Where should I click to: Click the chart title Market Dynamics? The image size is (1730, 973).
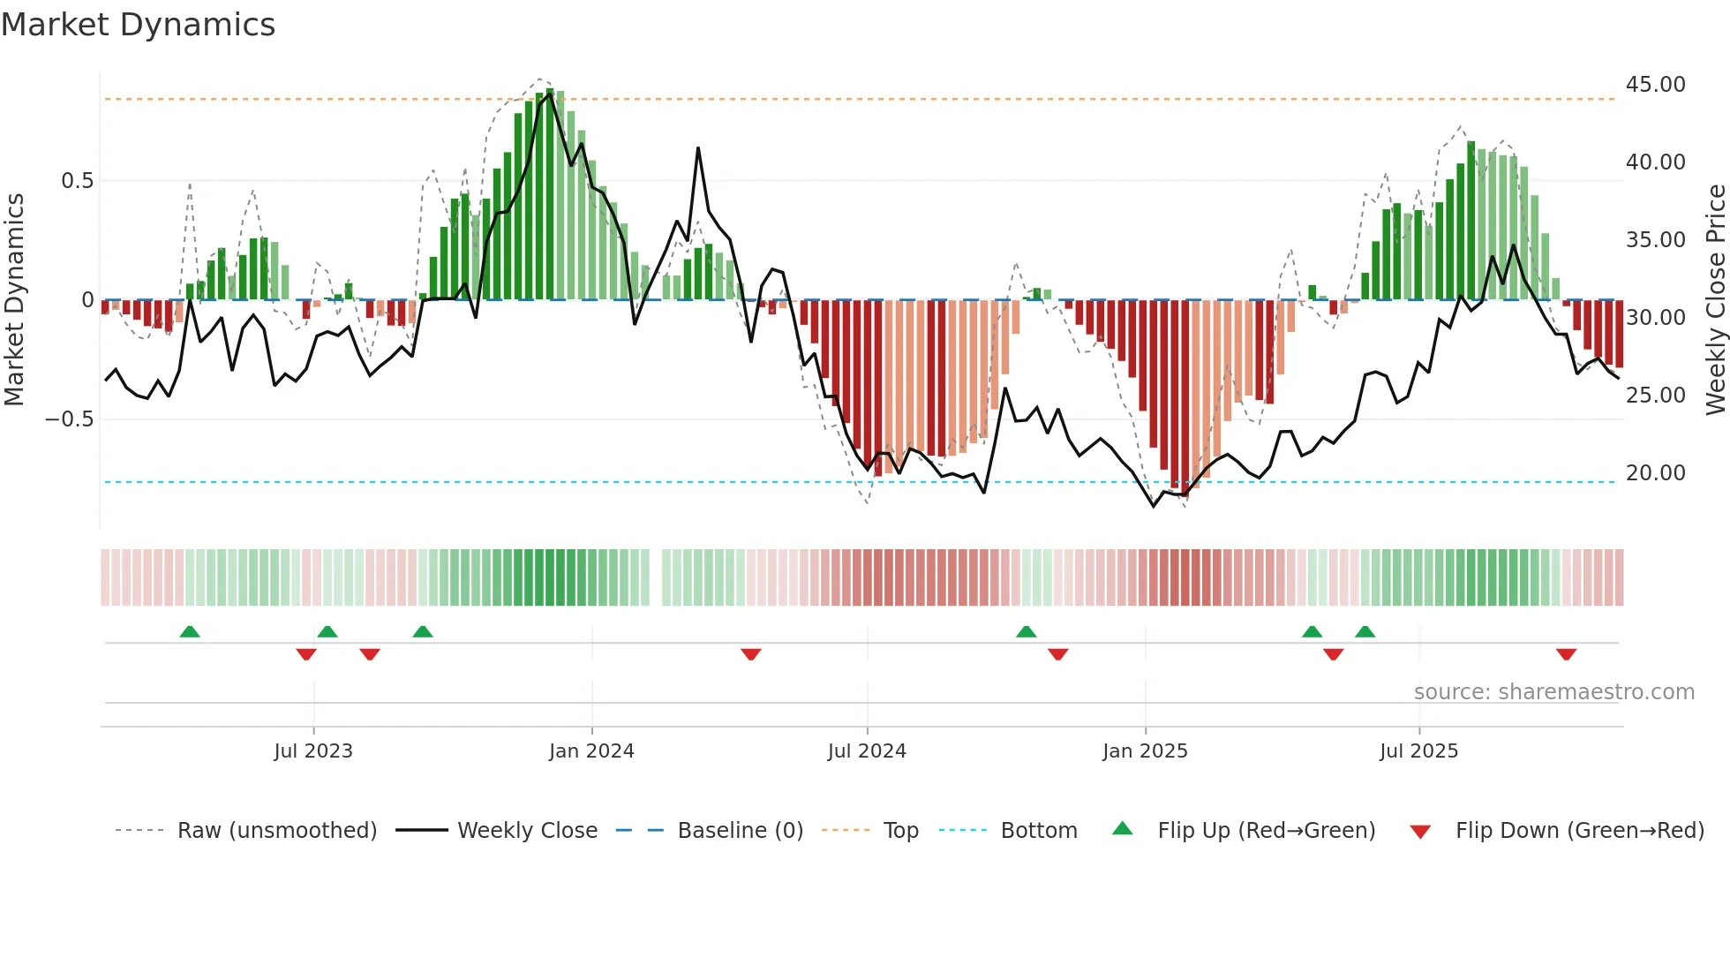click(139, 25)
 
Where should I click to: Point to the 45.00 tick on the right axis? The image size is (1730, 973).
click(1655, 85)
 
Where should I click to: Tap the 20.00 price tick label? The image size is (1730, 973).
click(1655, 473)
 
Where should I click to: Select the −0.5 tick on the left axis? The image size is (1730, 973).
click(69, 419)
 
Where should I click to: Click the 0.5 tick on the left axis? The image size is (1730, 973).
click(77, 181)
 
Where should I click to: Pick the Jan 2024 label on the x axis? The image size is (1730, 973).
click(591, 751)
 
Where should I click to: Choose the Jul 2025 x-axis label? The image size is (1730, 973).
click(1418, 751)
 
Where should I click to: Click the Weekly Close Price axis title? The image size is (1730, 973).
click(1715, 300)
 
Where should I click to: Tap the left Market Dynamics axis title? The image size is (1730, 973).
click(14, 300)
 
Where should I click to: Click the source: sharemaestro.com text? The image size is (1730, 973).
click(1553, 692)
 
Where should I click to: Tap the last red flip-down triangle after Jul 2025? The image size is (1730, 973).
click(1566, 654)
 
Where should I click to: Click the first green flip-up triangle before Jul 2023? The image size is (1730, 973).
click(190, 631)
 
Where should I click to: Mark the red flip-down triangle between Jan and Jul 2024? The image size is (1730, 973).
click(751, 654)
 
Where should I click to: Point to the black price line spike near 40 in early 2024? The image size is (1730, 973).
click(698, 150)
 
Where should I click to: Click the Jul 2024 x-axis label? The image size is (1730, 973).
click(867, 751)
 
